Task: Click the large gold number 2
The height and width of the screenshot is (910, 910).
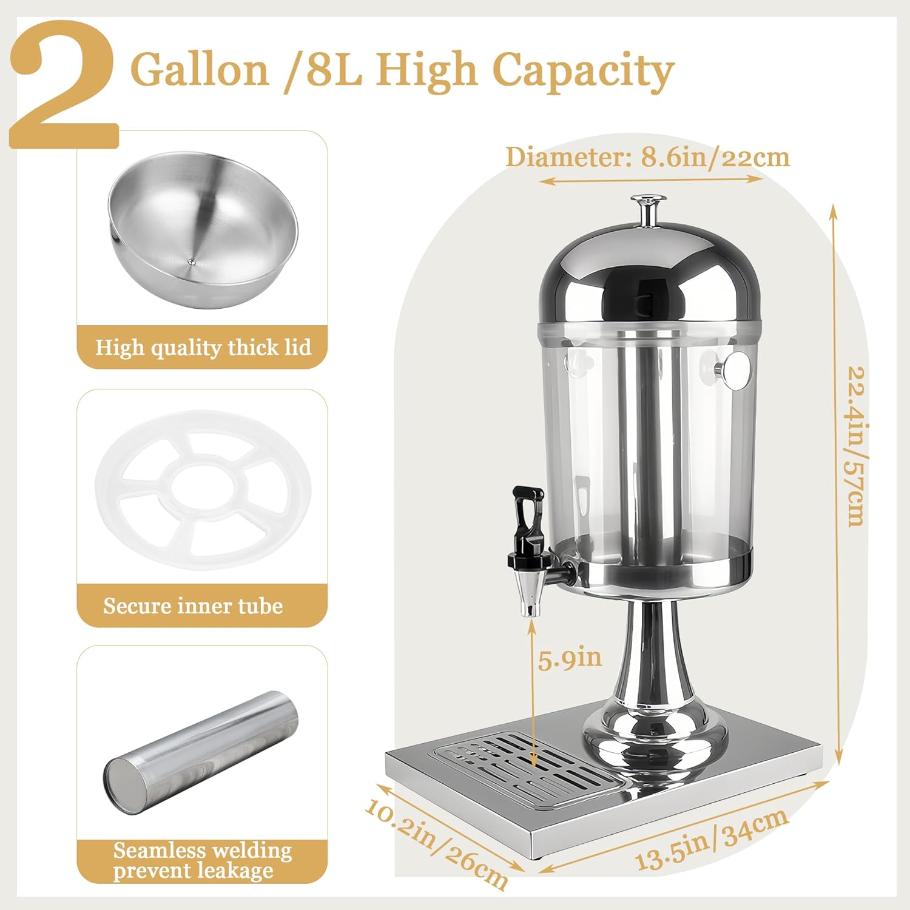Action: [64, 85]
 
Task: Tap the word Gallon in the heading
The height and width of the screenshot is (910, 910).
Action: [200, 70]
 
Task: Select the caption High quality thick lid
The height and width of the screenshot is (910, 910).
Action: [203, 348]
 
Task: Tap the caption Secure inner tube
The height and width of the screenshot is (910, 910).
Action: [193, 606]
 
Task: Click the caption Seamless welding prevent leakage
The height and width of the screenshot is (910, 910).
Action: [202, 860]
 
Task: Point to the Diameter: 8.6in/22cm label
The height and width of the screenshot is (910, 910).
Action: [647, 158]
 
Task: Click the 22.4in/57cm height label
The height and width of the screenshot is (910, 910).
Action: [855, 446]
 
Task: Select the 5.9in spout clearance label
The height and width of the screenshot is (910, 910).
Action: [570, 658]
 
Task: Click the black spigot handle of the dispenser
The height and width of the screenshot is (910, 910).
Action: [527, 516]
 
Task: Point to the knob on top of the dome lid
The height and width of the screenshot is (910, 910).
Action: [649, 209]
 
